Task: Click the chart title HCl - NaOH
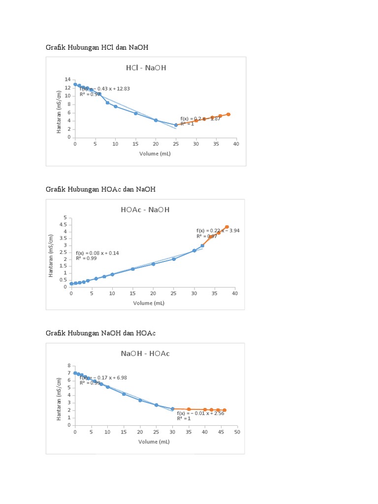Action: [146, 68]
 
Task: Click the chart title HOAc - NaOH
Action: [145, 210]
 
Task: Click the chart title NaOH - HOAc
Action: [145, 353]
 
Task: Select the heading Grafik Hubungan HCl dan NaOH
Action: [97, 47]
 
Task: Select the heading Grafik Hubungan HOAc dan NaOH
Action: [100, 189]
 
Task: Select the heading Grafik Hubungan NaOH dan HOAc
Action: [100, 333]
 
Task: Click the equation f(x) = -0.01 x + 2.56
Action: [201, 413]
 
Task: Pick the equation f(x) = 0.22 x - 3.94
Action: [218, 230]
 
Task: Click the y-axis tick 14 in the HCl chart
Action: [67, 80]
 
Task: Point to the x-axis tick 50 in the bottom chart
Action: [237, 432]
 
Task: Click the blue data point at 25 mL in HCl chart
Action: [176, 125]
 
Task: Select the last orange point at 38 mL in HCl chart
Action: [228, 114]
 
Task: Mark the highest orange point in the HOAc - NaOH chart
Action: [227, 227]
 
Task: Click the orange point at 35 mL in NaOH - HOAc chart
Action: [189, 409]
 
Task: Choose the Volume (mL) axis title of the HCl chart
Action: [156, 154]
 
